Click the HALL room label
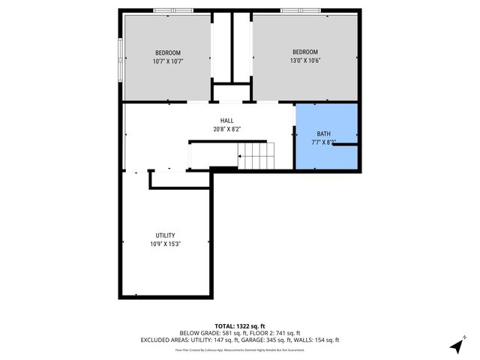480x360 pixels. point(226,121)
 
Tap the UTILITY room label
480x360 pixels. point(165,235)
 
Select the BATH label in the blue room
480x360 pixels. point(323,133)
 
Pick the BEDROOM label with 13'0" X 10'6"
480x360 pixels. point(304,52)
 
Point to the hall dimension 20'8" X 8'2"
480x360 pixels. point(226,129)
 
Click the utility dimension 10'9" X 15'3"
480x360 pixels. point(165,244)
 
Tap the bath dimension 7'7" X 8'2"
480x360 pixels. point(323,142)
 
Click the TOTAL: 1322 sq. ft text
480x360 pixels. point(239,325)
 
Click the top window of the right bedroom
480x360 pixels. point(300,10)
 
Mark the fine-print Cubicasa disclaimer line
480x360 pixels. point(239,349)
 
